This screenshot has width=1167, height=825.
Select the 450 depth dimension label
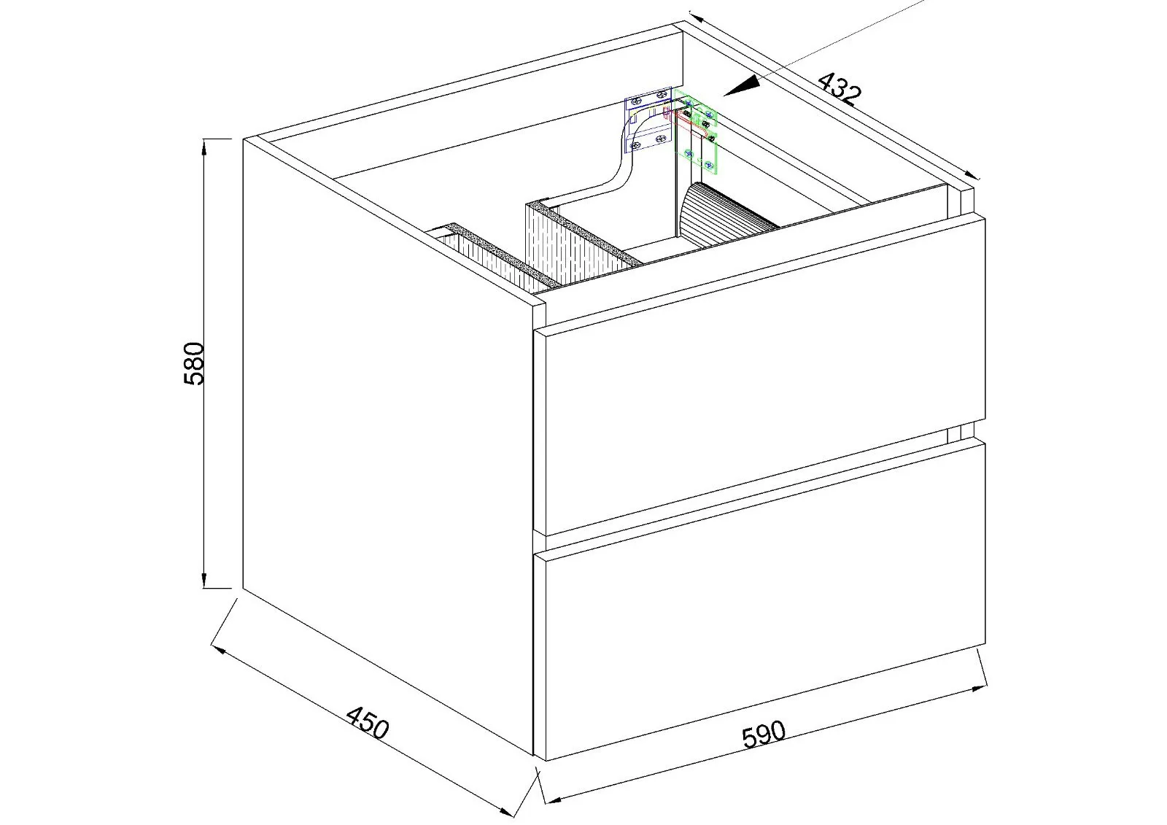368,722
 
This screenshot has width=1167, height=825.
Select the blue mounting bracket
648,119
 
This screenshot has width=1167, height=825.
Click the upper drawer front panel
759,377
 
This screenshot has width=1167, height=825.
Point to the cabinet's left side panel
388,446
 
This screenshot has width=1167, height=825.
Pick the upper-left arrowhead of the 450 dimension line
218,651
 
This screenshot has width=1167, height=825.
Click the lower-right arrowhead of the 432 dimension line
971,176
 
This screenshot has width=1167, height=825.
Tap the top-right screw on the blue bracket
662,94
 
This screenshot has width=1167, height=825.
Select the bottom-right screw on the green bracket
707,165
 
